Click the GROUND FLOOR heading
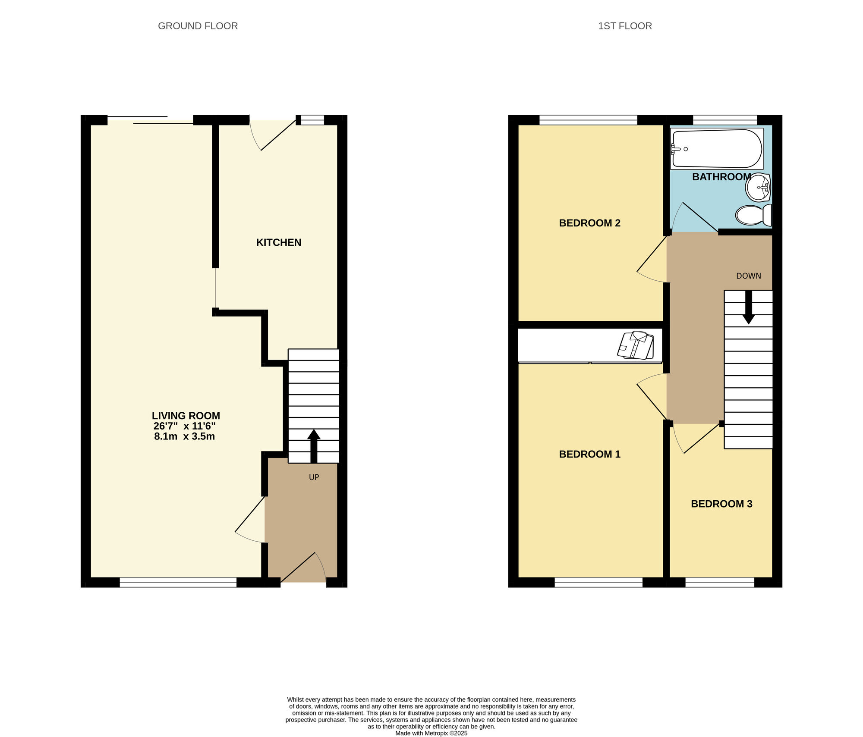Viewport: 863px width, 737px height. (198, 26)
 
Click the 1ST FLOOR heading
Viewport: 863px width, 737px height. (624, 26)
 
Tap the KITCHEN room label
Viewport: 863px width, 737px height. (278, 242)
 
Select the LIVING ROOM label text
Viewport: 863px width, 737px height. (186, 416)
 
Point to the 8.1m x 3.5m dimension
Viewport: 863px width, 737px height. (184, 436)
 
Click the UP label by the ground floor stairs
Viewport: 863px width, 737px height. (314, 477)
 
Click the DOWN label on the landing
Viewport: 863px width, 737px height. (748, 276)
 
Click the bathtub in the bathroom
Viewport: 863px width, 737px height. (716, 149)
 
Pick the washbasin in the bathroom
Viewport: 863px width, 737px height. (758, 188)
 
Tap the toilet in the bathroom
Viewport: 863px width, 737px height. (753, 215)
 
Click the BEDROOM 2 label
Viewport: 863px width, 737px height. (589, 223)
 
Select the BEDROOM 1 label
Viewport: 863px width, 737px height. (589, 454)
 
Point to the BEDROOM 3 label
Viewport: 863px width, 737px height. (721, 504)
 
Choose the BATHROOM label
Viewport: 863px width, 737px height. (721, 177)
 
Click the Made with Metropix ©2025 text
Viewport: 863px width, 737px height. (431, 733)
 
